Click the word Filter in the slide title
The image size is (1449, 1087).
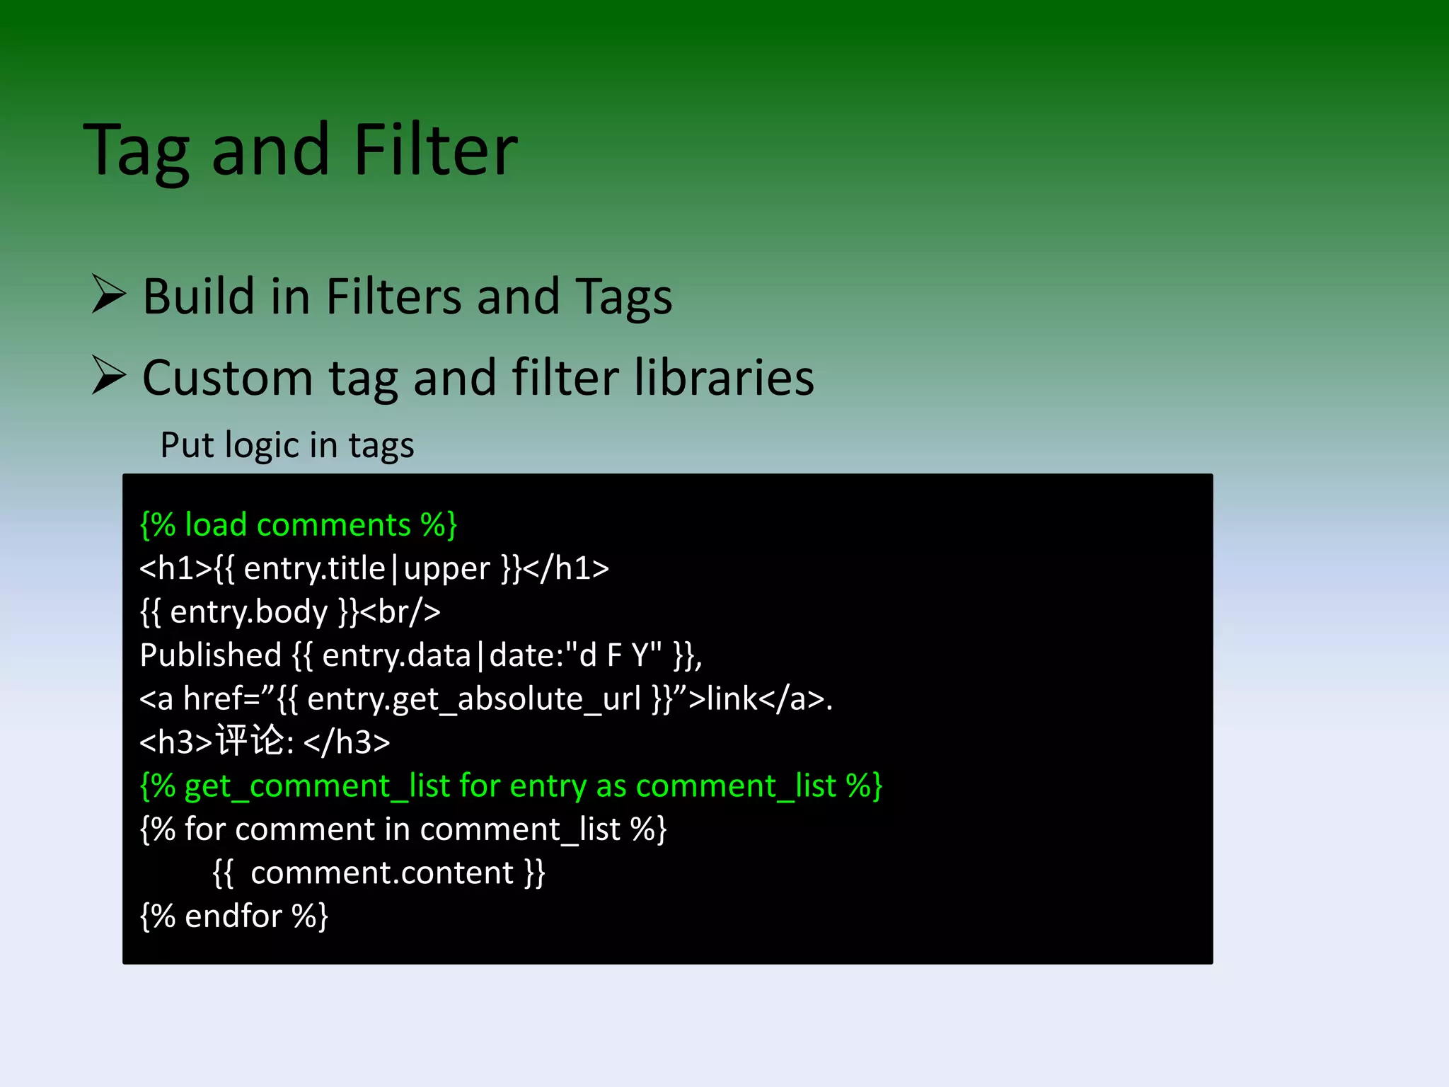click(x=435, y=150)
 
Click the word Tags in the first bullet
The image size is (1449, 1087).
click(x=623, y=297)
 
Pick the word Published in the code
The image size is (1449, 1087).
click(x=211, y=655)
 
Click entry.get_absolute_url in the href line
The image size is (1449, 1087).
click(x=473, y=699)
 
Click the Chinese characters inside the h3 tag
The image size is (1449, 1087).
click(x=250, y=742)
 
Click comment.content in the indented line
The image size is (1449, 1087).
click(x=382, y=873)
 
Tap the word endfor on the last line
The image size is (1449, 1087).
click(x=233, y=916)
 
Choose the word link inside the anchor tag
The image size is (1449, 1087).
click(x=732, y=699)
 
